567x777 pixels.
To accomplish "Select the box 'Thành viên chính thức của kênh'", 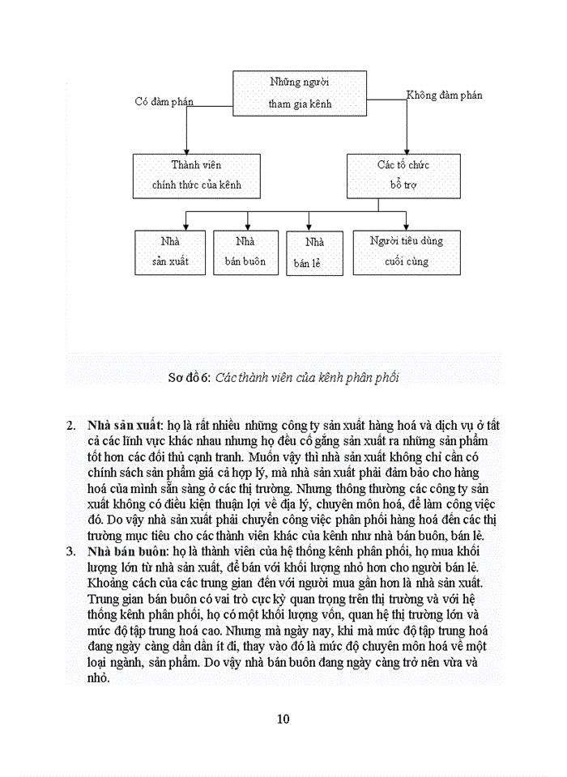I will point(196,175).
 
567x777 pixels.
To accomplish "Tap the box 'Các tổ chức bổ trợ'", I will point(403,175).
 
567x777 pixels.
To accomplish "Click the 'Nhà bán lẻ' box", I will point(309,253).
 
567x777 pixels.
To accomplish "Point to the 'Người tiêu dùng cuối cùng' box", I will point(406,252).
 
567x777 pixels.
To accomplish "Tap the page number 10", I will point(283,719).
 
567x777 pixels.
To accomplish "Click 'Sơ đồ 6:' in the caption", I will point(189,376).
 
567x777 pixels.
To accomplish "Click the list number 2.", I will point(71,424).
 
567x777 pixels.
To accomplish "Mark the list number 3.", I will point(71,551).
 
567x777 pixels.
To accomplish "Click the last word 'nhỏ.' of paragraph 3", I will point(98,678).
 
